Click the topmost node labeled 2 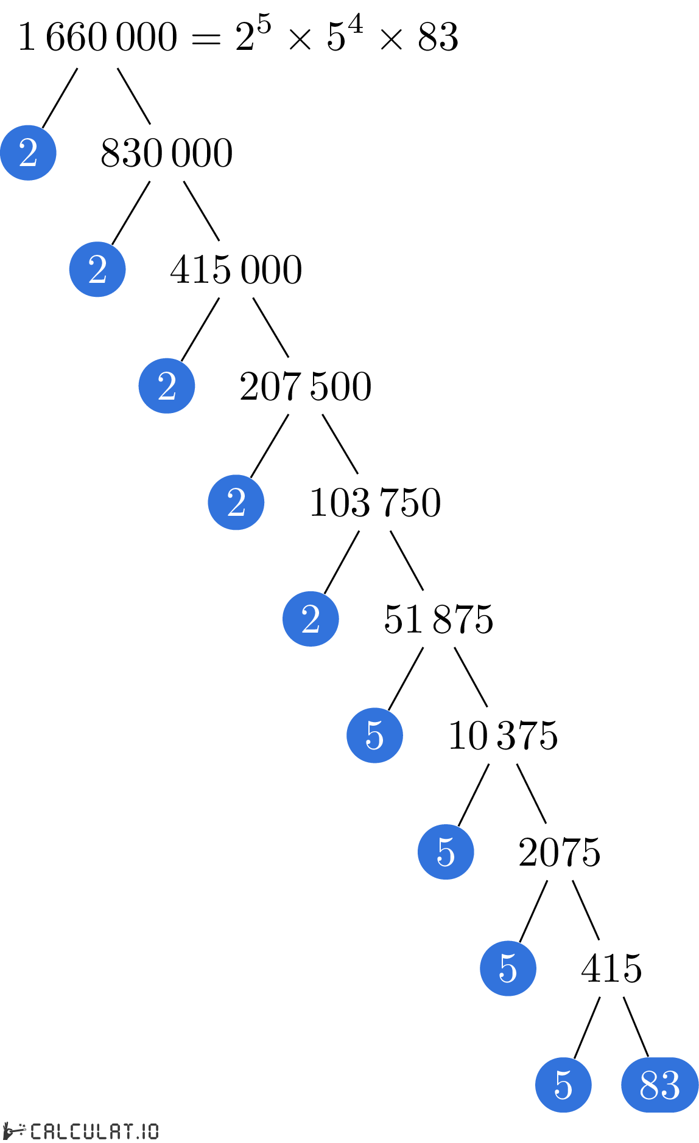(x=28, y=153)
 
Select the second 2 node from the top (x=97, y=269)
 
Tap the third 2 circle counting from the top (x=167, y=386)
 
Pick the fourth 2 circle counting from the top (x=236, y=502)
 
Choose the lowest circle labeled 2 (x=311, y=619)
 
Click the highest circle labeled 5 (x=374, y=735)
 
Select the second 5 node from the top (x=446, y=852)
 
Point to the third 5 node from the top (x=508, y=968)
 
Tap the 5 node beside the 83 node (x=563, y=1085)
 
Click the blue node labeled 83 (x=659, y=1085)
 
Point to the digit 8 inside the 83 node (x=650, y=1085)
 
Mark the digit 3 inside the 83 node (x=670, y=1085)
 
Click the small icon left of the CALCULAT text (x=15, y=1131)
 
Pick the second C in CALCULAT (x=77, y=1131)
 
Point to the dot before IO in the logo (x=138, y=1136)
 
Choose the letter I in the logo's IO (x=144, y=1131)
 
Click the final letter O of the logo (x=152, y=1131)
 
